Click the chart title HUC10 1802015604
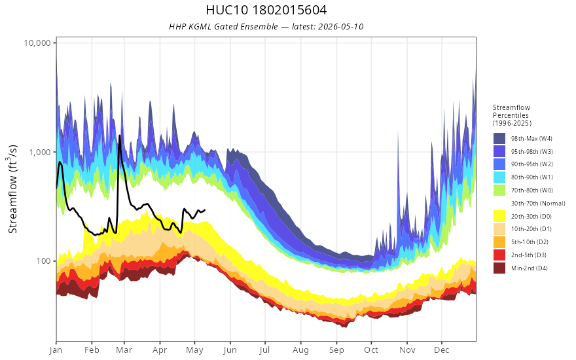click(266, 10)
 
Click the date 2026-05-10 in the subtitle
click(340, 26)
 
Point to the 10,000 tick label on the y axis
click(37, 43)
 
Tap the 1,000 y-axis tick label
click(40, 152)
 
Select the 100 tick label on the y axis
click(43, 261)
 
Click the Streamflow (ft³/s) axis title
click(13, 189)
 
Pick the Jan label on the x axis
click(56, 350)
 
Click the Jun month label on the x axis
click(230, 350)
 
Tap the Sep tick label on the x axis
click(336, 350)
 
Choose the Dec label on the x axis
click(442, 350)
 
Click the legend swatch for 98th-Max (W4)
click(499, 139)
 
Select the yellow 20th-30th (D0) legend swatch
click(499, 216)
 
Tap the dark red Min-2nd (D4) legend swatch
click(499, 268)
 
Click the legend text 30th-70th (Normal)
click(538, 203)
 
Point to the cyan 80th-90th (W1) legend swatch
click(499, 177)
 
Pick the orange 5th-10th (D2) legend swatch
click(499, 242)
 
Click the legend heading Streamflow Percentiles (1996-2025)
click(512, 115)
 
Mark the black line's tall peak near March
click(119, 136)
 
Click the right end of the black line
click(205, 209)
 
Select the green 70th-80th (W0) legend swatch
click(499, 190)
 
